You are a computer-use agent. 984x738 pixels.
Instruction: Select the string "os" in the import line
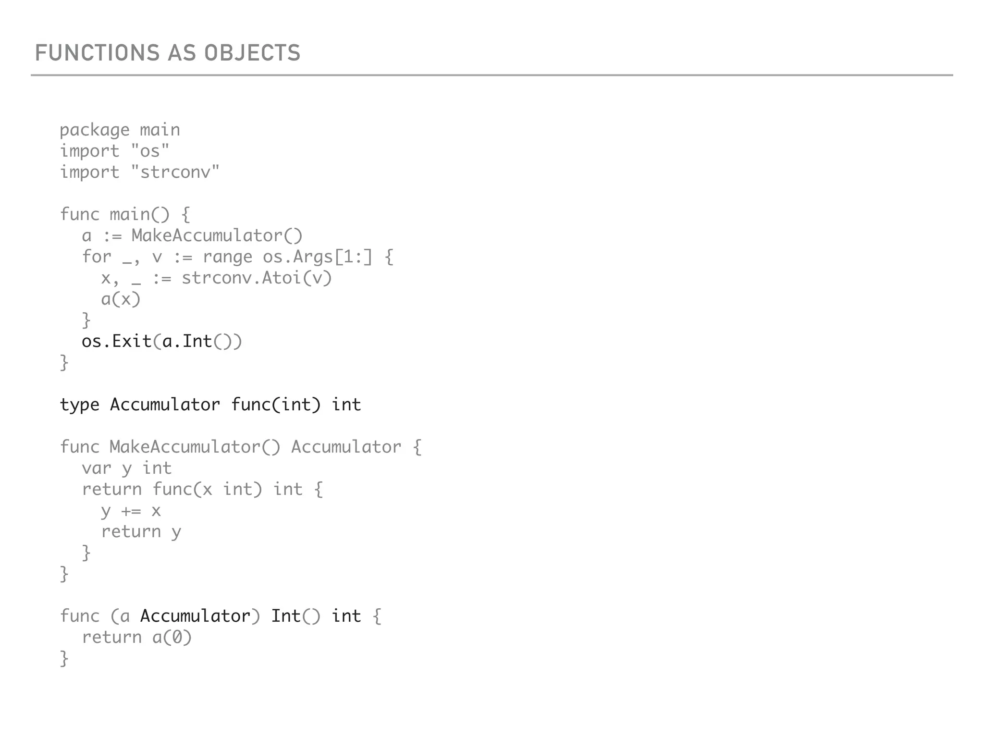(150, 151)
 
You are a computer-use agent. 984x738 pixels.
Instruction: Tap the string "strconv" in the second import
(175, 172)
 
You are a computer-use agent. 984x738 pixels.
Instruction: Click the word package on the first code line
(95, 130)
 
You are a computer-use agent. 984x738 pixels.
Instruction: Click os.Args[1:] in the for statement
(317, 257)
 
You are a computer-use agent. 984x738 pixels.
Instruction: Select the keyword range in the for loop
(227, 257)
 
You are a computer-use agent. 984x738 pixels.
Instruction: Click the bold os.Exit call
(117, 341)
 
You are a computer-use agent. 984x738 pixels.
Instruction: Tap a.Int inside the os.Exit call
(187, 341)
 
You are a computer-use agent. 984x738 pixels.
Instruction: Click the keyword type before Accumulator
(80, 405)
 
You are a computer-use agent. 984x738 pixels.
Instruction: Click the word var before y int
(96, 468)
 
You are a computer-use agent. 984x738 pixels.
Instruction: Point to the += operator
(131, 511)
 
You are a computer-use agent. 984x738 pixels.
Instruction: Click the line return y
(141, 531)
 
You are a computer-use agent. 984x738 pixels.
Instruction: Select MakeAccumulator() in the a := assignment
(217, 235)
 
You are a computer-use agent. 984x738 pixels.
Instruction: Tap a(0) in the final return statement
(172, 637)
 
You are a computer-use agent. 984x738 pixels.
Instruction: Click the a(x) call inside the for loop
(121, 299)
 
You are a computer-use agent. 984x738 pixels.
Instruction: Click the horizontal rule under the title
(492, 75)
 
